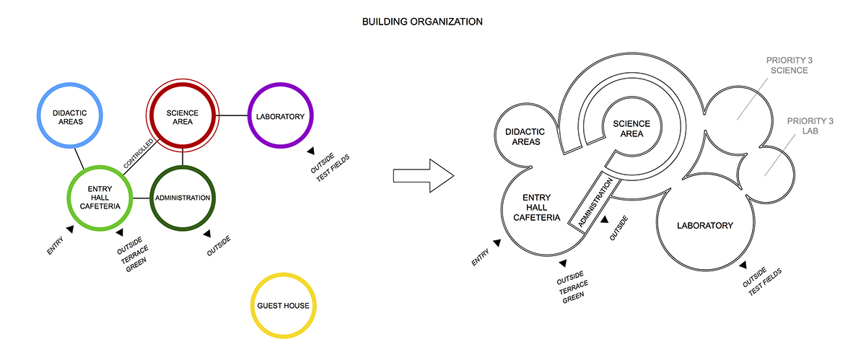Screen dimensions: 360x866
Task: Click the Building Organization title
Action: pos(422,22)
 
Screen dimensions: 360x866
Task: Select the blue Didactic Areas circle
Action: pos(69,116)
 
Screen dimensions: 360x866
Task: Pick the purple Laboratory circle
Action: pos(279,115)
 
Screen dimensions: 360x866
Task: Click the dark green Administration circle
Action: pos(182,198)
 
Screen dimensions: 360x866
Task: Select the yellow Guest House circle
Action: pos(283,306)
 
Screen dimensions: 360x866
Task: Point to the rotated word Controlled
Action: pos(139,154)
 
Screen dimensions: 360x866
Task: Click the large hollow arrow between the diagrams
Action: pos(422,175)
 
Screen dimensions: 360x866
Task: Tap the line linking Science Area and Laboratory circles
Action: pos(232,115)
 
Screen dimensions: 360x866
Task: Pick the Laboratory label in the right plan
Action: pos(704,226)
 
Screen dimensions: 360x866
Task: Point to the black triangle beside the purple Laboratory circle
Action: pos(310,152)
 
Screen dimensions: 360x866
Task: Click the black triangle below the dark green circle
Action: pos(206,233)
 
